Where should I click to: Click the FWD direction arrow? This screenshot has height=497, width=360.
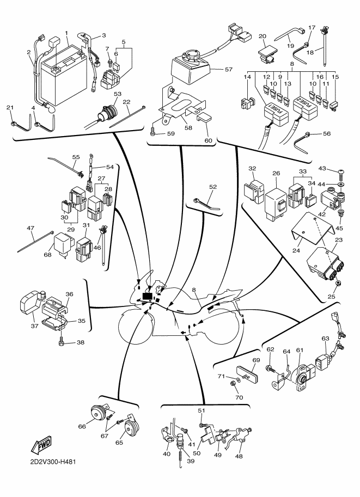pos(41,446)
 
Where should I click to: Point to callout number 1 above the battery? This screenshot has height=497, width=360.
pos(66,33)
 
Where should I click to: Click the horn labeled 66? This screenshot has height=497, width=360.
pos(99,416)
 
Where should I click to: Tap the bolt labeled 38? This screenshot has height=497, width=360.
pos(64,342)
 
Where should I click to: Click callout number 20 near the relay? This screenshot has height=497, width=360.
pos(262,36)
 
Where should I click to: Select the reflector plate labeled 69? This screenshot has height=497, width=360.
pos(248,375)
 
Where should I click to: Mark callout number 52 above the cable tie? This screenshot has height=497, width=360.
pos(213,187)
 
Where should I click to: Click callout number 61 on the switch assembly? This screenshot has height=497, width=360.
pos(299,349)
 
